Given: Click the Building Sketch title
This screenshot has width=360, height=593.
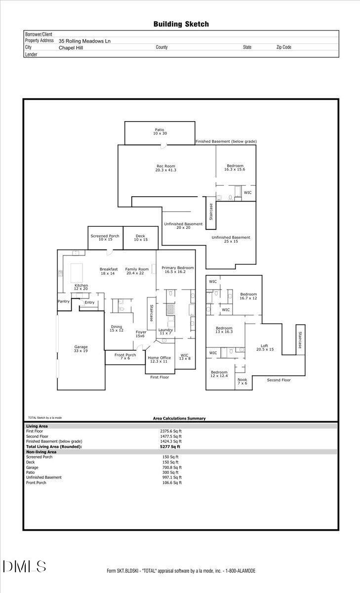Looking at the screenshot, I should point(181,24).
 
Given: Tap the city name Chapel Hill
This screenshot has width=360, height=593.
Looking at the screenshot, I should point(70,48).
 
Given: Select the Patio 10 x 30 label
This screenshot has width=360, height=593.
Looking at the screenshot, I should point(160,132).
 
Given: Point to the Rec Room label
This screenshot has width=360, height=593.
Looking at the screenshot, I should point(165,168).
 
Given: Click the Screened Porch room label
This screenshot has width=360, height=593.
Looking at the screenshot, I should point(105,238).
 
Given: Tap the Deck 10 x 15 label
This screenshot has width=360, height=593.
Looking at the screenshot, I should point(140,238).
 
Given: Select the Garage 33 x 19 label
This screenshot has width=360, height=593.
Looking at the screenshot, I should point(80,349).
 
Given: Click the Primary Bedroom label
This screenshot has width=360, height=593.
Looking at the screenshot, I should point(178,270).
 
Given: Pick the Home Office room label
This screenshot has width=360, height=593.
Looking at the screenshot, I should point(159,359).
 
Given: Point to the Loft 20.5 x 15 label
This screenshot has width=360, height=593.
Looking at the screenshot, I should point(264,347).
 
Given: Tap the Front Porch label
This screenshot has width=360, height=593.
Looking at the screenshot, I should point(125,356).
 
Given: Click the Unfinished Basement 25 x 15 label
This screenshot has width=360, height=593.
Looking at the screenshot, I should point(231,239).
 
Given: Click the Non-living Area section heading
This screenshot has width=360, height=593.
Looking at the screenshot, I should point(41,452).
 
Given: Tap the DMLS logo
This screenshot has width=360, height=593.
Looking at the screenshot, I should point(24,566).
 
